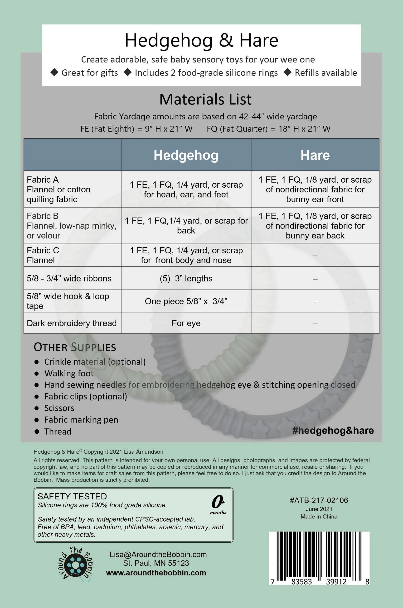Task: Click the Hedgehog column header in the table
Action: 186,155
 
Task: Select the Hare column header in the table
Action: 315,155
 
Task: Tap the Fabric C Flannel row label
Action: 43,255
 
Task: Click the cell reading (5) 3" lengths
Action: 186,279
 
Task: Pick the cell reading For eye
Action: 186,323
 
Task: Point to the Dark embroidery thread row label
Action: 72,323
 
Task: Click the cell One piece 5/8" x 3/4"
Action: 186,301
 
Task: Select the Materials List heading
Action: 205,99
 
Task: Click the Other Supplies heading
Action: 75,347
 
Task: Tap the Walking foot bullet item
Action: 69,373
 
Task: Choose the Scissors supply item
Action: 59,408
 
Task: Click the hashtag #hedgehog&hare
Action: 333,430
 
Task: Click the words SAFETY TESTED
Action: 72,496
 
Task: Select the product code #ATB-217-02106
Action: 319,500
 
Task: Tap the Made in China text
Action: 319,517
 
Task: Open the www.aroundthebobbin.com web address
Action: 156,573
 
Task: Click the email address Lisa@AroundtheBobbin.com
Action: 158,554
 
